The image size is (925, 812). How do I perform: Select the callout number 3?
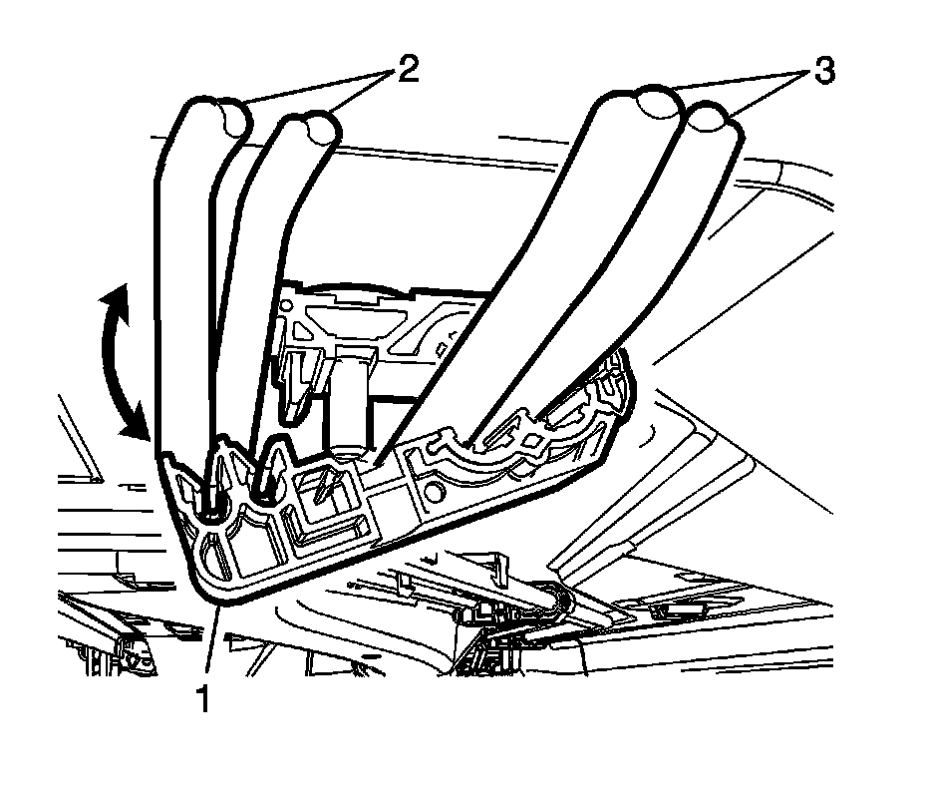pyautogui.click(x=824, y=72)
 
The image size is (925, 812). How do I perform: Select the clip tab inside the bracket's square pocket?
pyautogui.click(x=324, y=489)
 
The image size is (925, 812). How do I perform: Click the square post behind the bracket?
pyautogui.click(x=351, y=399)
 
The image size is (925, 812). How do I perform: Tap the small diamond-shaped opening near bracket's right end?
pyautogui.click(x=535, y=440)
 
